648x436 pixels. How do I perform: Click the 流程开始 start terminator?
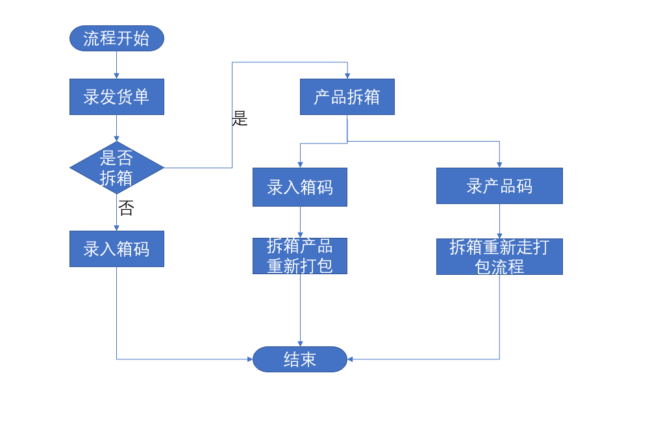(x=117, y=38)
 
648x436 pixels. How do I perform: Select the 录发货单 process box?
(x=117, y=97)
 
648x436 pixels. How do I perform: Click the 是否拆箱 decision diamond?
(x=117, y=168)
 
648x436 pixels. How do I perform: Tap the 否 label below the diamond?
(x=126, y=208)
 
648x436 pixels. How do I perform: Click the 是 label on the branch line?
(x=240, y=119)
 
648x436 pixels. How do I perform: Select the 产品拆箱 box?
(x=347, y=97)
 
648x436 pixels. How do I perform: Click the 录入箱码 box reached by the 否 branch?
(x=117, y=249)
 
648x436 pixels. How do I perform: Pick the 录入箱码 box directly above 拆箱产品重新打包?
(x=300, y=187)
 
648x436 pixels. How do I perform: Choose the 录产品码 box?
(x=499, y=186)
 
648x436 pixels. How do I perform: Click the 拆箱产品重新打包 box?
(x=300, y=256)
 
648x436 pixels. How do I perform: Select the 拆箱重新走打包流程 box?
(x=499, y=257)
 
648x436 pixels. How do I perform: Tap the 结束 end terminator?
(x=300, y=359)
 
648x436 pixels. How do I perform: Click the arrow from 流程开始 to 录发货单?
(x=117, y=65)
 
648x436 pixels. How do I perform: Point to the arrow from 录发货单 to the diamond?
(x=117, y=128)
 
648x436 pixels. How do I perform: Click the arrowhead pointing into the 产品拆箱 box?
(x=347, y=75)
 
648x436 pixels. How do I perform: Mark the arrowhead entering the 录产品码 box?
(x=499, y=164)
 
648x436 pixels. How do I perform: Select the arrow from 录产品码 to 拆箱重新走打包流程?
(x=499, y=221)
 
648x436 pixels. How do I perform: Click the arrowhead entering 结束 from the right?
(x=351, y=359)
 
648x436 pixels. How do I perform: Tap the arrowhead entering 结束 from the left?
(x=249, y=359)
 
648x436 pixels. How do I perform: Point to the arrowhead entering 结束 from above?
(x=300, y=343)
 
